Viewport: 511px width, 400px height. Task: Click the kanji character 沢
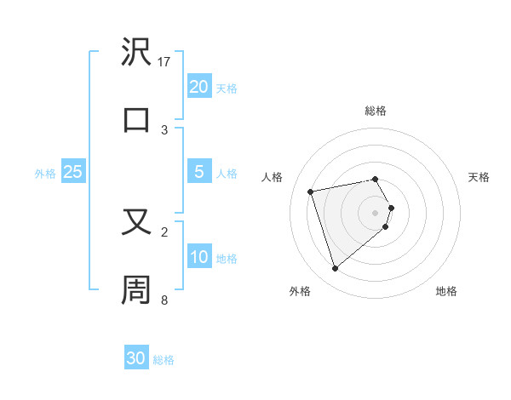click(137, 52)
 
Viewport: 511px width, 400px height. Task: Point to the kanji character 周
click(137, 289)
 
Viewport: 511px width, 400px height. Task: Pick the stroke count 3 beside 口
click(164, 129)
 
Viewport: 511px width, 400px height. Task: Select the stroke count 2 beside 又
click(164, 231)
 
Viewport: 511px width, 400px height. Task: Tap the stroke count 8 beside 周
click(164, 300)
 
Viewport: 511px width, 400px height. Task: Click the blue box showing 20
click(199, 87)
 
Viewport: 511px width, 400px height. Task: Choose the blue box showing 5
click(199, 173)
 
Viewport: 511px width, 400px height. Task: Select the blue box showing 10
click(199, 258)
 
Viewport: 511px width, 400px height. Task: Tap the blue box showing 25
click(73, 173)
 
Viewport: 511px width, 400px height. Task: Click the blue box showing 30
click(136, 359)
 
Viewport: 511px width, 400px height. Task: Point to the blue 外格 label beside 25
click(45, 174)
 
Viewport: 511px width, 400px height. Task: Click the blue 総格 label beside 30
click(164, 360)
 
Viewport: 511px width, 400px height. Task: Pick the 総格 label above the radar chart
click(376, 111)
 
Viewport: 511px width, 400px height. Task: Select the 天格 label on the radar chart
click(479, 177)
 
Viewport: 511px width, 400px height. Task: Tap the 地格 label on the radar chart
click(446, 291)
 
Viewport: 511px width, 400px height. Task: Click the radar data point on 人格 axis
click(311, 191)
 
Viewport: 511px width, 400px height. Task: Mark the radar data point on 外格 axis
click(336, 268)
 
